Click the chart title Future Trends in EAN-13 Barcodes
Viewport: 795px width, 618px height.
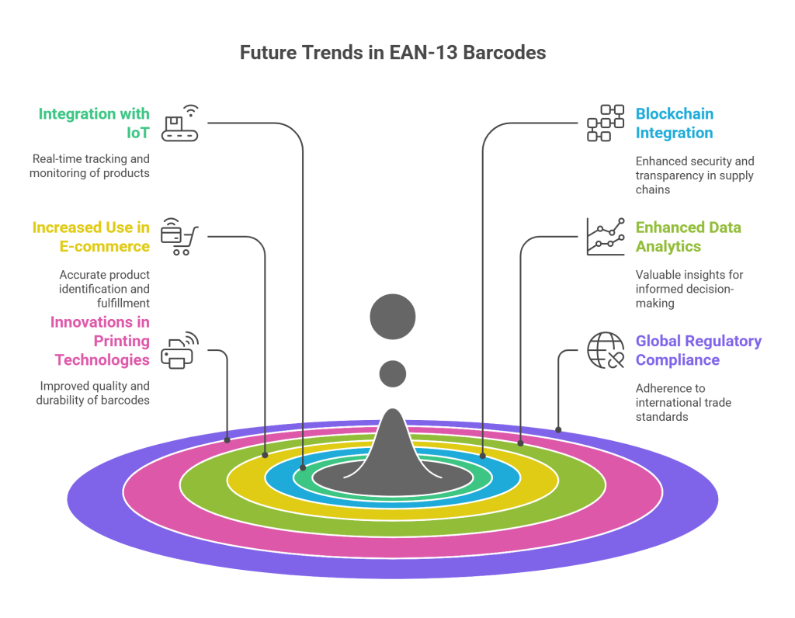click(x=392, y=53)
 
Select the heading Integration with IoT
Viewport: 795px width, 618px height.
click(x=94, y=123)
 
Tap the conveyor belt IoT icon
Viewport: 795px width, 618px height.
click(x=179, y=124)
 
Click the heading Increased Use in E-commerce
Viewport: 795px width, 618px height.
click(x=91, y=237)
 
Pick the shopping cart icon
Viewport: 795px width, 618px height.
click(x=179, y=237)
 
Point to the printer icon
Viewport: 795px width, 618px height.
click(x=179, y=350)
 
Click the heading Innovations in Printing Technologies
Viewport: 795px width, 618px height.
click(x=100, y=341)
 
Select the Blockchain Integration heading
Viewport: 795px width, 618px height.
click(x=674, y=123)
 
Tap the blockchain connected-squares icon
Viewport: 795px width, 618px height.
click(x=605, y=123)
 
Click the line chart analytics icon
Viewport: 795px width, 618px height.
click(x=605, y=237)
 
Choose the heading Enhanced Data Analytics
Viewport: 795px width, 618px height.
click(x=688, y=237)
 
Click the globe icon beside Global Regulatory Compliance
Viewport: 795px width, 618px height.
click(x=605, y=350)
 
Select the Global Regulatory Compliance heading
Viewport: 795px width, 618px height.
click(x=698, y=350)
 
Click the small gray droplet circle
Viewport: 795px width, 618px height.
click(x=393, y=374)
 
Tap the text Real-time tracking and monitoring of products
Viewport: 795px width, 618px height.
click(x=89, y=165)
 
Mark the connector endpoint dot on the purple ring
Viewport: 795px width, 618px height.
click(x=557, y=429)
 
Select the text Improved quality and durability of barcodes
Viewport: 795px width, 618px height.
click(x=92, y=393)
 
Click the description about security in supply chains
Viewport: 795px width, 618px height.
click(x=694, y=175)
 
